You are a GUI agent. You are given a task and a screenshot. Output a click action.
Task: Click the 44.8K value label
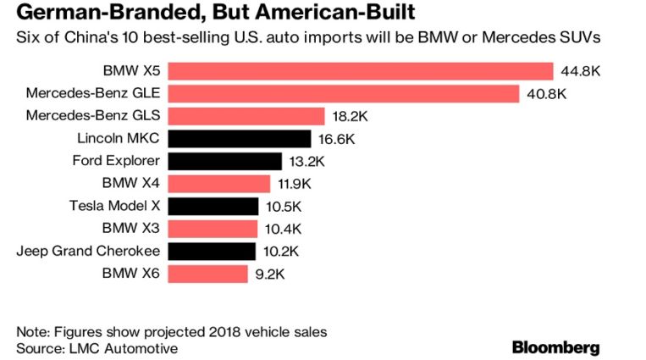pyautogui.click(x=581, y=71)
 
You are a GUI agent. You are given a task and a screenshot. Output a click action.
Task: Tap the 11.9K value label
pyautogui.click(x=296, y=184)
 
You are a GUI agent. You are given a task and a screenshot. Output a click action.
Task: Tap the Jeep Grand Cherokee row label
pyautogui.click(x=89, y=251)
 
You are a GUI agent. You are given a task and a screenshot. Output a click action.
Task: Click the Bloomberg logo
pyautogui.click(x=555, y=347)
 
